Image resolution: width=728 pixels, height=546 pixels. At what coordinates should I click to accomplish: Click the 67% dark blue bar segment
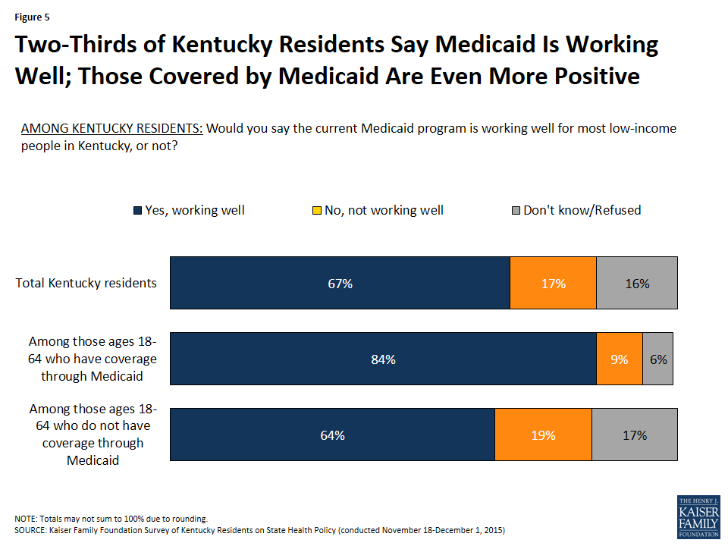pyautogui.click(x=340, y=283)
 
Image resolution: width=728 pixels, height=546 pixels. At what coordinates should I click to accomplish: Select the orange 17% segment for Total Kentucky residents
pyautogui.click(x=553, y=283)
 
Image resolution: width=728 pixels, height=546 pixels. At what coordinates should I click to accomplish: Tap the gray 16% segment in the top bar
pyautogui.click(x=637, y=283)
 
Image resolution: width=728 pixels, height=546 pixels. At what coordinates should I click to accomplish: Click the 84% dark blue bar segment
pyautogui.click(x=383, y=359)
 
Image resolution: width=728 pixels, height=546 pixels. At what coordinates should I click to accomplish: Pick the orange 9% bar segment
pyautogui.click(x=620, y=359)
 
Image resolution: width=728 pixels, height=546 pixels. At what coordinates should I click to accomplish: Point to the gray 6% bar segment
pyautogui.click(x=657, y=359)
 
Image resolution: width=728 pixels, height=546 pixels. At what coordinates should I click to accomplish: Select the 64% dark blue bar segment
pyautogui.click(x=332, y=435)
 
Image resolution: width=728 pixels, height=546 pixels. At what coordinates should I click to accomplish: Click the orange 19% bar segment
pyautogui.click(x=543, y=435)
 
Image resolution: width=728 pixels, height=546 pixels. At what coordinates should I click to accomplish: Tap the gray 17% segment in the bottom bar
pyautogui.click(x=634, y=435)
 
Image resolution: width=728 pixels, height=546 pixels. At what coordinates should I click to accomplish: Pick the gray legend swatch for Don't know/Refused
pyautogui.click(x=515, y=210)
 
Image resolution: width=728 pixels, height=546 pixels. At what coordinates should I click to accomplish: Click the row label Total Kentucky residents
pyautogui.click(x=86, y=283)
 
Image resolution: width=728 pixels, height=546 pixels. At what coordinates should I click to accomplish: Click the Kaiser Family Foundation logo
pyautogui.click(x=697, y=517)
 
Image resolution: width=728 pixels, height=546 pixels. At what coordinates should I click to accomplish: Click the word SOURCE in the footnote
pyautogui.click(x=31, y=529)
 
